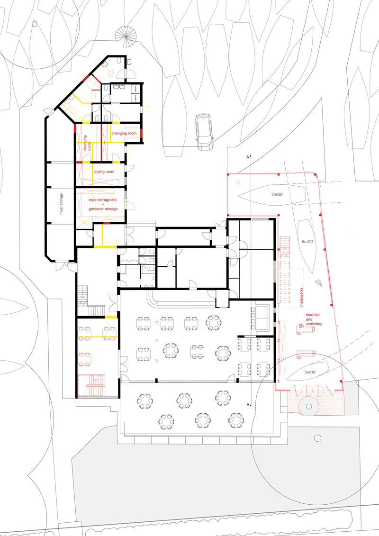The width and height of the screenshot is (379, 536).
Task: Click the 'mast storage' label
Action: (61, 204)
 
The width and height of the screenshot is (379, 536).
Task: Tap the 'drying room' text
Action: (103, 171)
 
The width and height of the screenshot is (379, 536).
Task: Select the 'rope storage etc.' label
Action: (103, 200)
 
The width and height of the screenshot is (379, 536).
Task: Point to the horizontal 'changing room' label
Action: (124, 134)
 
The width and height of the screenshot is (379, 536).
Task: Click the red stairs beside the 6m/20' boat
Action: (285, 243)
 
